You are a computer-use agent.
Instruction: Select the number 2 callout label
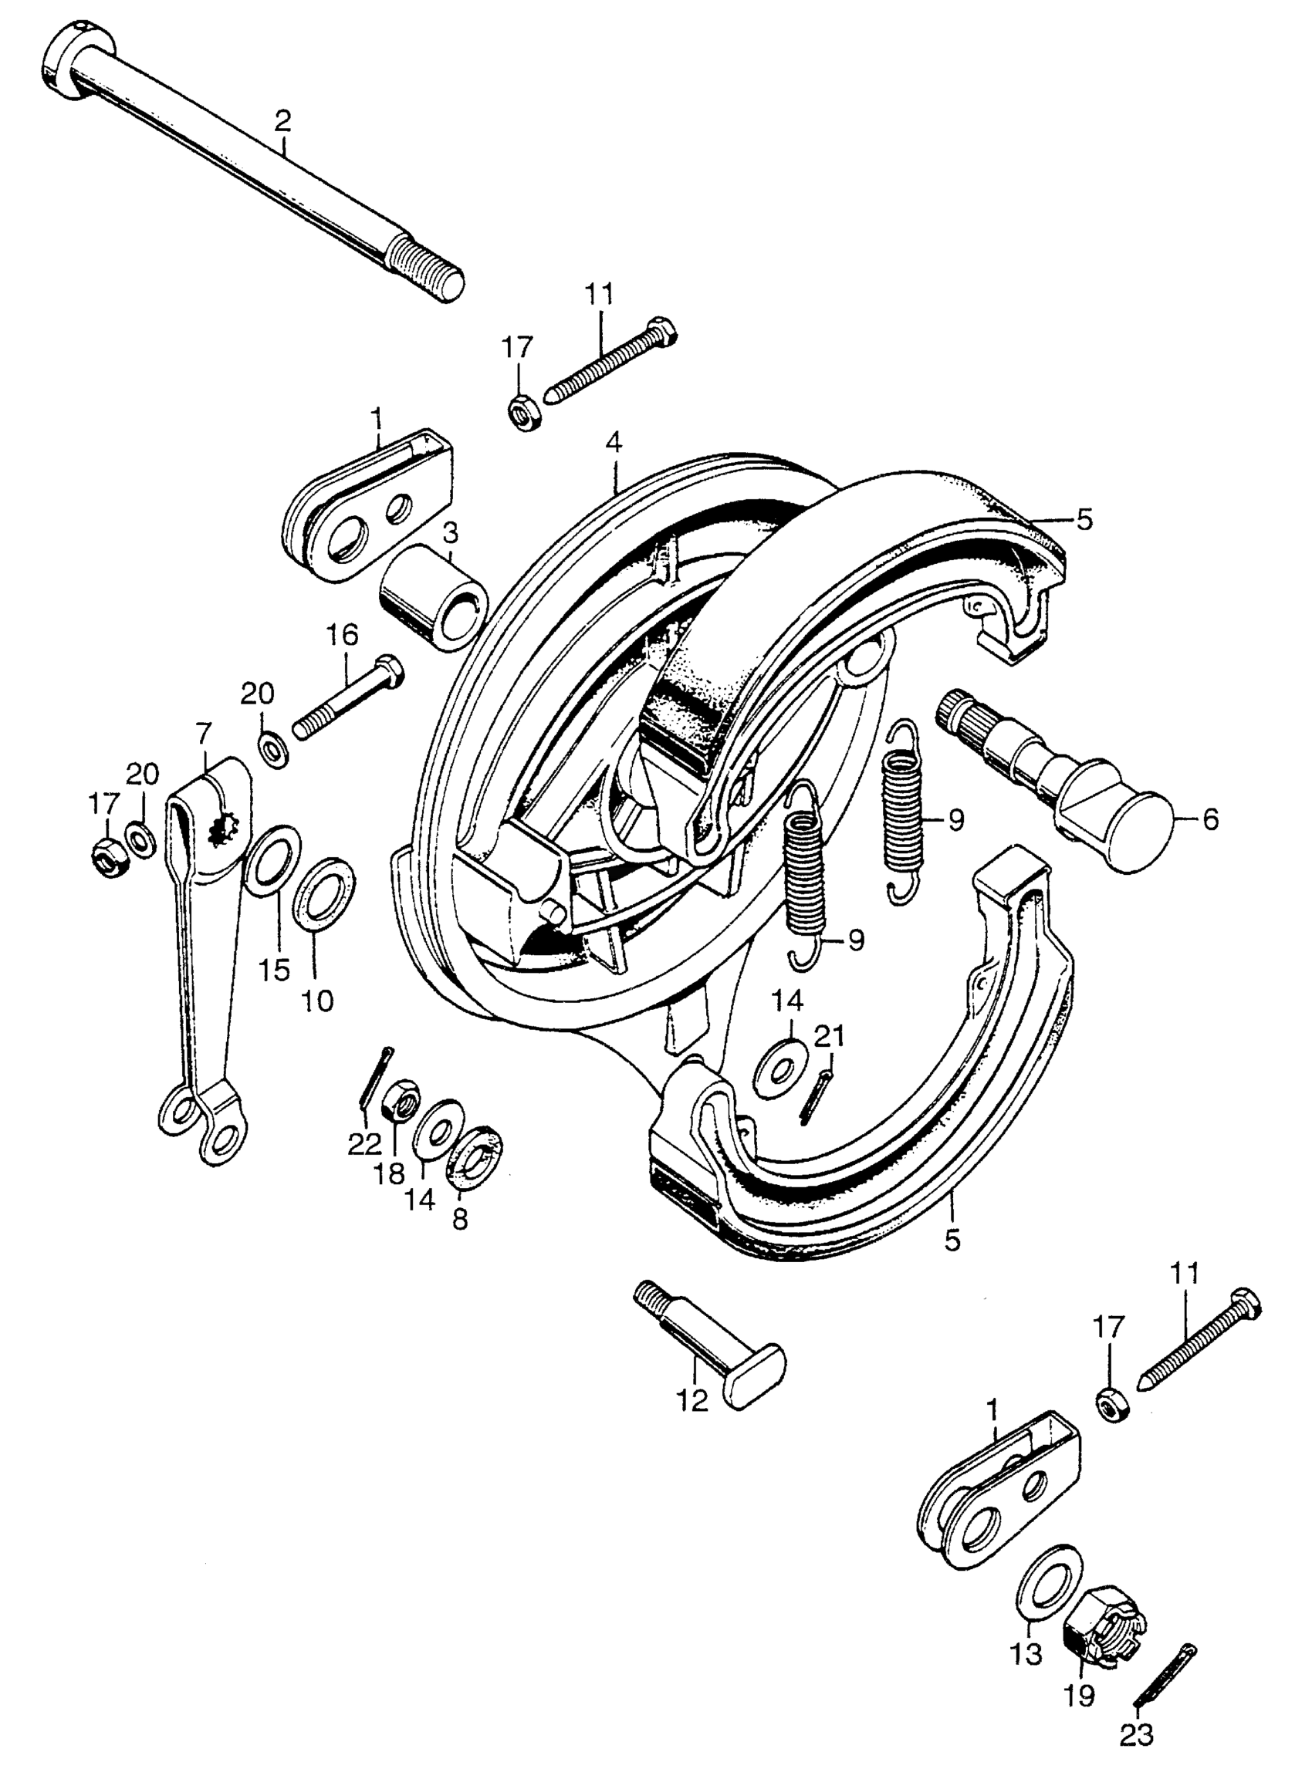(x=282, y=121)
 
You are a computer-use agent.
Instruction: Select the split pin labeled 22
(x=374, y=1077)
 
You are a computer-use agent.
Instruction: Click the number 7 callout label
(x=204, y=732)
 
